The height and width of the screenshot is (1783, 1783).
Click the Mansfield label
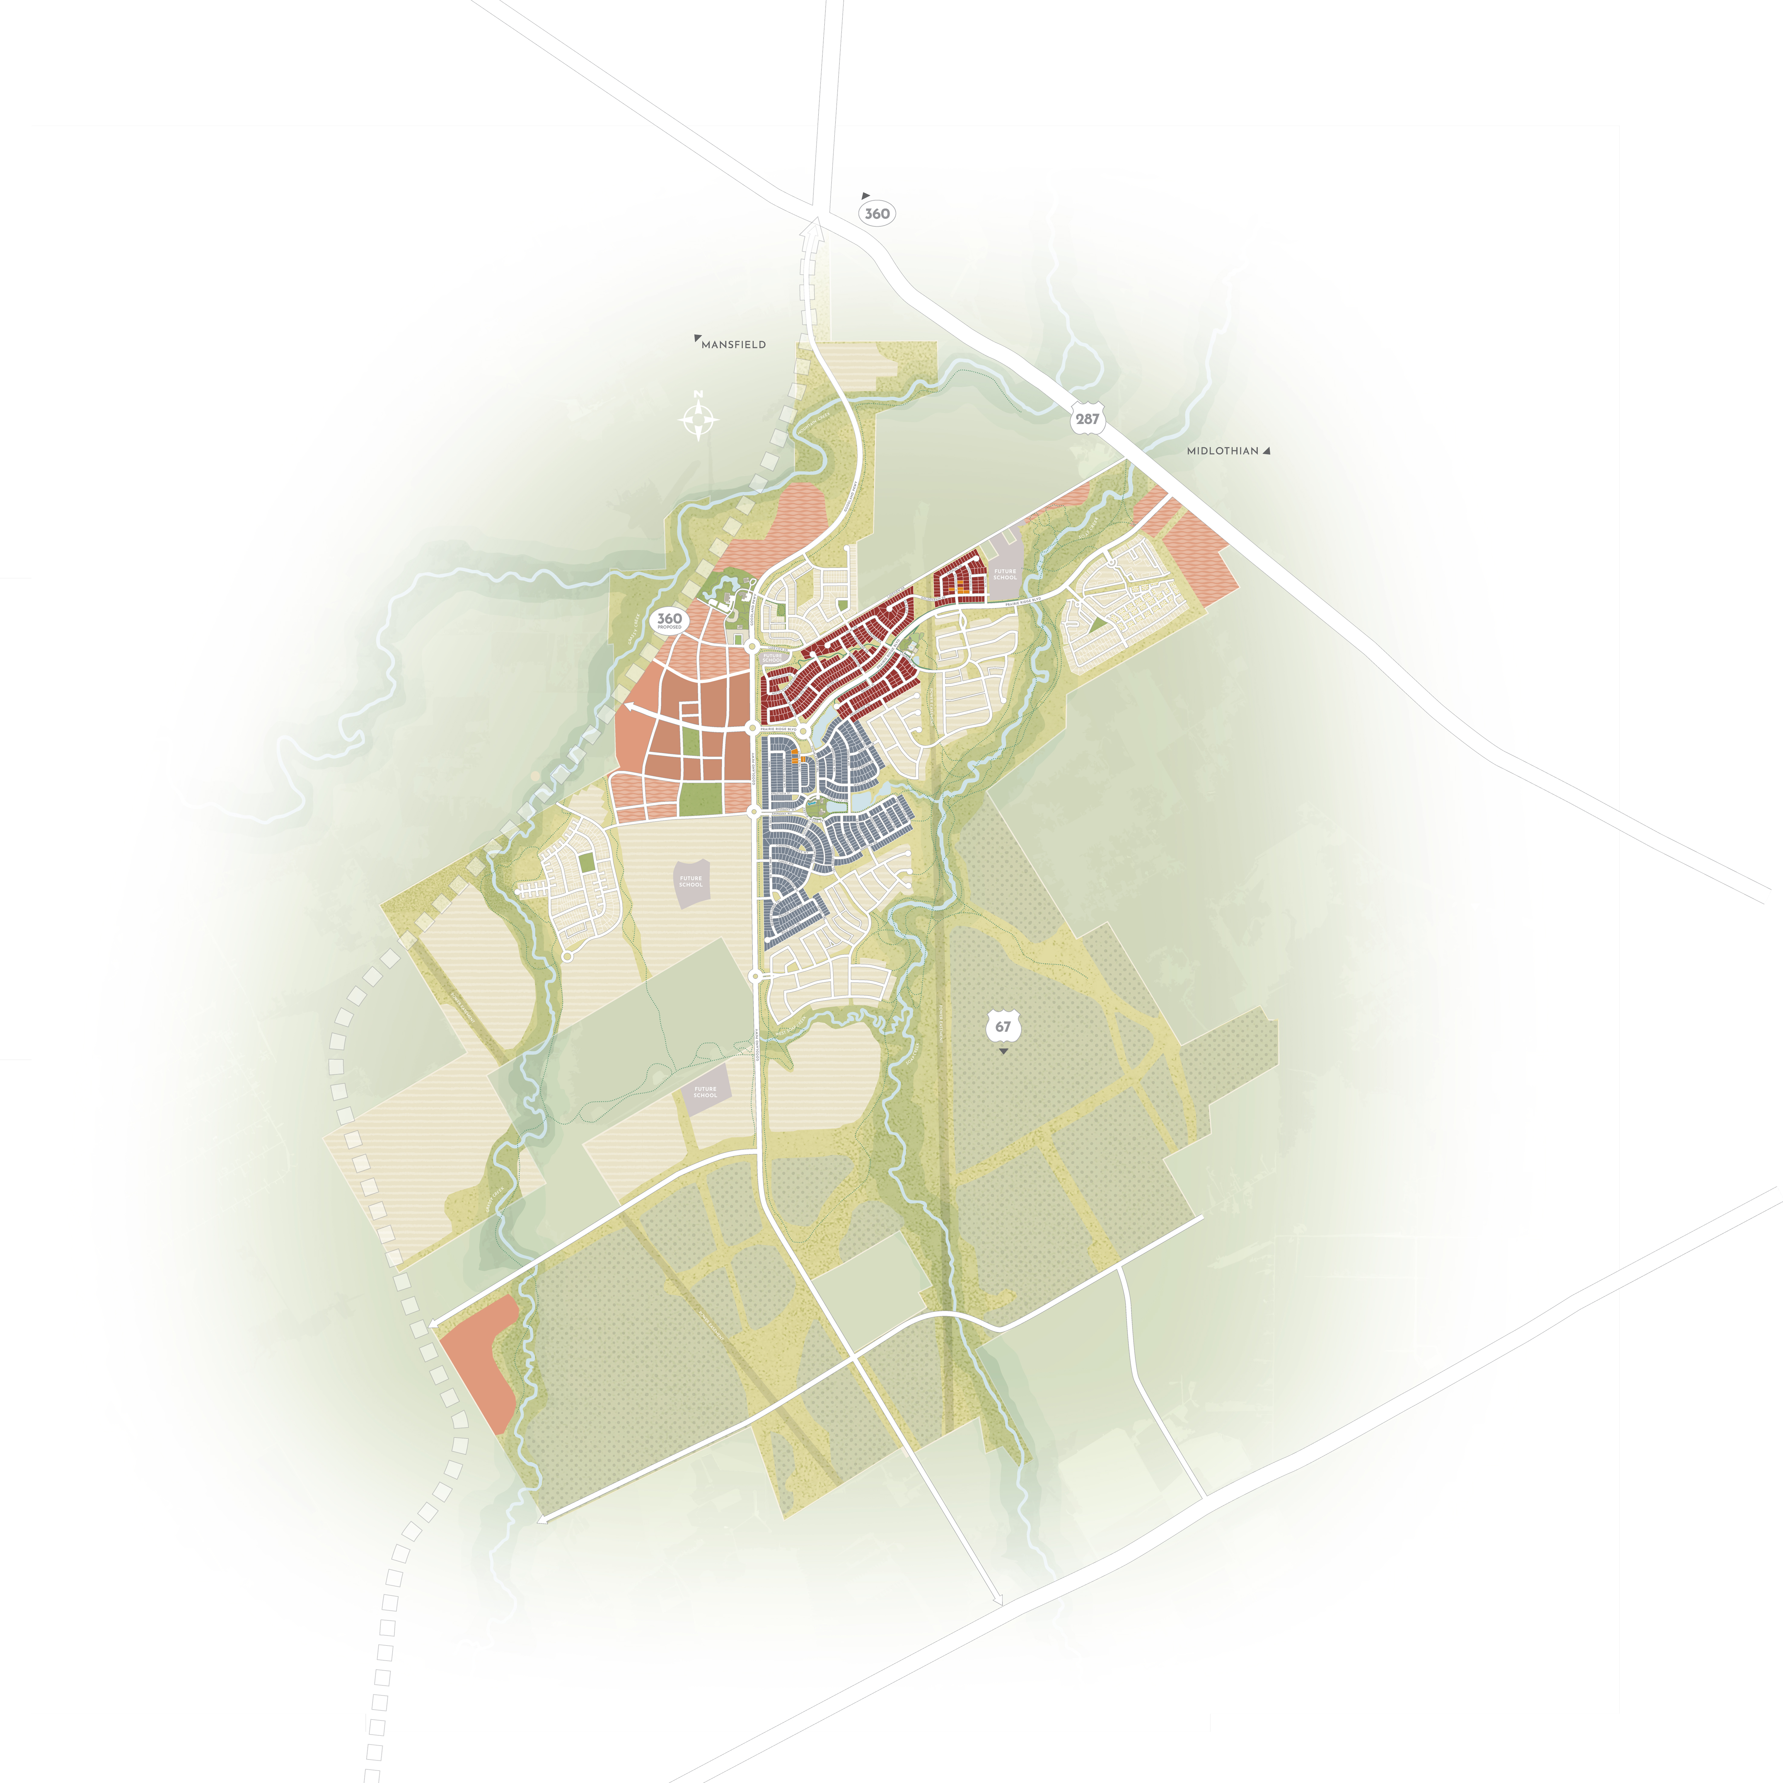point(734,344)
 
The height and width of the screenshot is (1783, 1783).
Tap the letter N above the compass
point(699,394)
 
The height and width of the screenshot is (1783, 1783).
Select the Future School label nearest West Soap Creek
point(705,1092)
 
